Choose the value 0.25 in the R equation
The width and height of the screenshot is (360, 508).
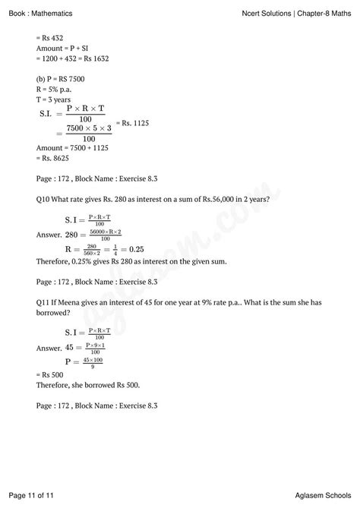(x=134, y=248)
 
